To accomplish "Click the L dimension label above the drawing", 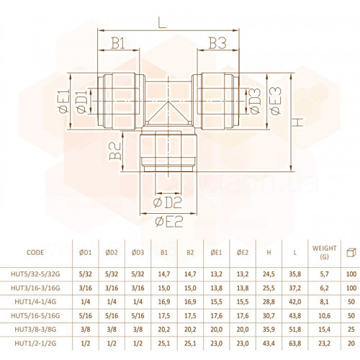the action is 163,24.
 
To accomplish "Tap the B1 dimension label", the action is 118,43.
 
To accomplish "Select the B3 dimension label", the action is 217,43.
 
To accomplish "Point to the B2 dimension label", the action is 115,150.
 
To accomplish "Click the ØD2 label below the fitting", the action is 167,203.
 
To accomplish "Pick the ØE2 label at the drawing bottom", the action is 169,222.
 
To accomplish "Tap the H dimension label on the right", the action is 298,122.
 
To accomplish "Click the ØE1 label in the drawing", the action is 63,101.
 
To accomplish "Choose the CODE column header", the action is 35,253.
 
